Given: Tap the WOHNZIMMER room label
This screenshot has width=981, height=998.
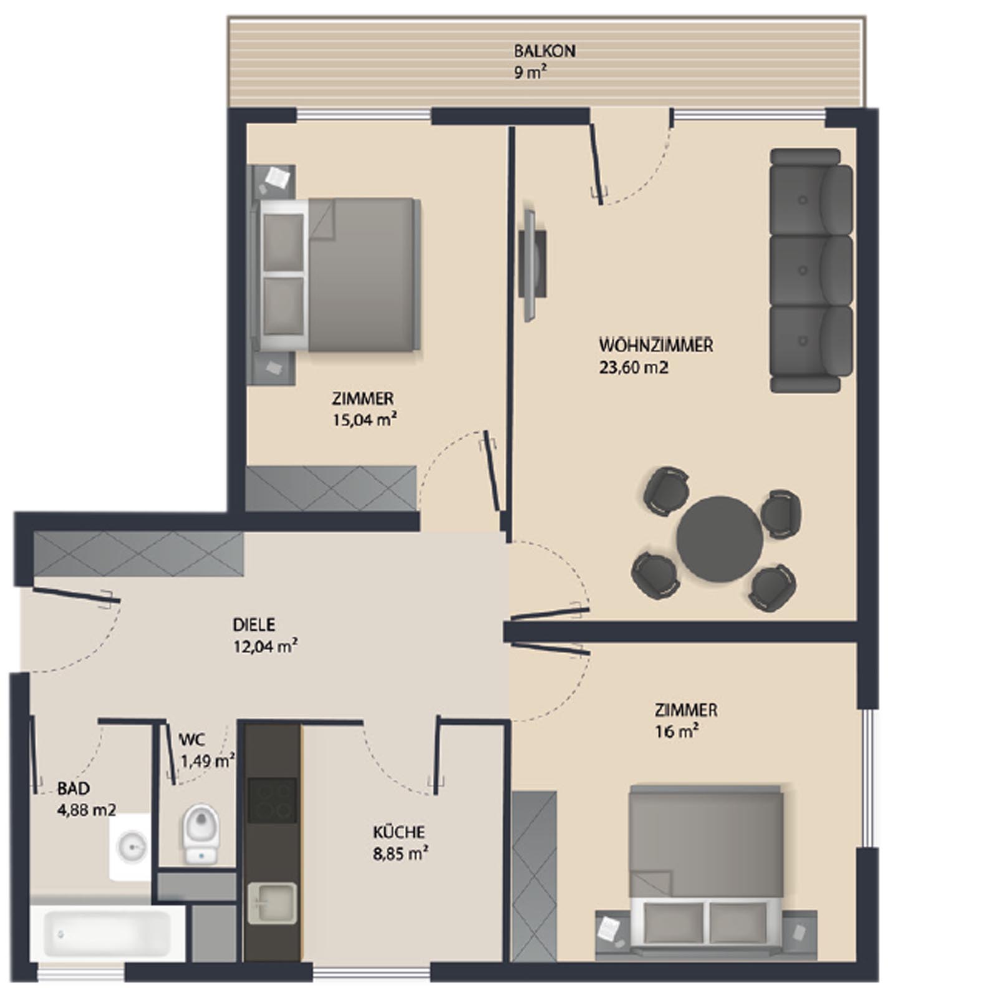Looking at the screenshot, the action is pyautogui.click(x=655, y=345).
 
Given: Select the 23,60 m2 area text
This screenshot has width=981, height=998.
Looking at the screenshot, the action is pyautogui.click(x=633, y=368).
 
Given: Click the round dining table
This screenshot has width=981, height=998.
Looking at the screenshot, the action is pyautogui.click(x=720, y=539).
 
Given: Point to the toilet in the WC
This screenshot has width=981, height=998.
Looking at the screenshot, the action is pyautogui.click(x=200, y=834).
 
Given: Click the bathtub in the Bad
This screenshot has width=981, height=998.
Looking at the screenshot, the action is pyautogui.click(x=107, y=933).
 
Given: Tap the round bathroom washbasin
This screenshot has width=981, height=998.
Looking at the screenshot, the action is pyautogui.click(x=132, y=846).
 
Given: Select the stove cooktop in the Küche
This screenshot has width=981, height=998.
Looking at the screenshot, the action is pyautogui.click(x=272, y=800).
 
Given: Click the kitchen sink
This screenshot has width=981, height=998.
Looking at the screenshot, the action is pyautogui.click(x=272, y=903).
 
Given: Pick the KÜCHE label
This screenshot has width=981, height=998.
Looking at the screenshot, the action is pyautogui.click(x=399, y=832).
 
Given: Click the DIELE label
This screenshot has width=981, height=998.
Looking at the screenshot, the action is pyautogui.click(x=254, y=624).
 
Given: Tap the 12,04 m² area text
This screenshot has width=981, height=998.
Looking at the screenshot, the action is pyautogui.click(x=265, y=646).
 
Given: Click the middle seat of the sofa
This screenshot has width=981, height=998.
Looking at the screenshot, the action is pyautogui.click(x=811, y=270).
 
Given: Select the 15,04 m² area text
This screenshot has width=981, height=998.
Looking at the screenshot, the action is pyautogui.click(x=365, y=419).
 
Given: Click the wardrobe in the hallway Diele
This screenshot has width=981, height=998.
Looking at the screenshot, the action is pyautogui.click(x=138, y=554).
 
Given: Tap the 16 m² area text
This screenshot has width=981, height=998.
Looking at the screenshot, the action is pyautogui.click(x=676, y=731).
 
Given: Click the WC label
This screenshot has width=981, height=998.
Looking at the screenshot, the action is pyautogui.click(x=191, y=740).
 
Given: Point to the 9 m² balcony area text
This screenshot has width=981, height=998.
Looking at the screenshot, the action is pyautogui.click(x=531, y=72).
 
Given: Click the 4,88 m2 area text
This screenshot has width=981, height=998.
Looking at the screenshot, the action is pyautogui.click(x=86, y=810).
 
